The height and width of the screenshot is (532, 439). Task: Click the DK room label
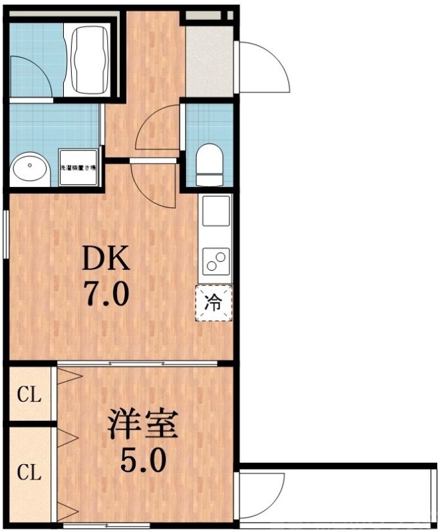(104, 258)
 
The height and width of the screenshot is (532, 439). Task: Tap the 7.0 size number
(104, 293)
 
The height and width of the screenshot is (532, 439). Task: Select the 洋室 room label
(143, 426)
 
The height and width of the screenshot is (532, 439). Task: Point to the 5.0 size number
(144, 460)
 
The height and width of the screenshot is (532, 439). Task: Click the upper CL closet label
(29, 396)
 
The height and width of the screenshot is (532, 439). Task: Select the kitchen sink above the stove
(216, 211)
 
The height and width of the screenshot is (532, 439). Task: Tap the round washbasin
(30, 169)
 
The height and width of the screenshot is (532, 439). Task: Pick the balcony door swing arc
(263, 492)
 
